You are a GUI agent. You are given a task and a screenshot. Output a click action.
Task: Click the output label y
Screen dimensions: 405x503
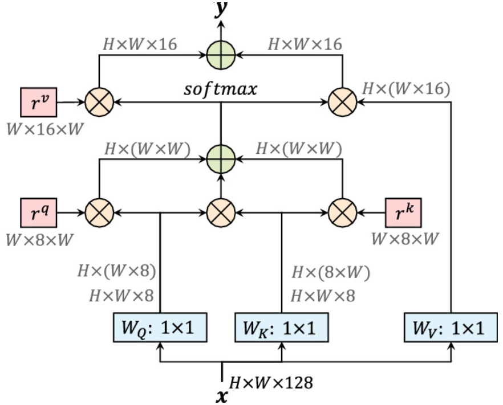[221, 10]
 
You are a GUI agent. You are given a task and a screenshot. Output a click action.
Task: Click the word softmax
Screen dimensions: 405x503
[221, 90]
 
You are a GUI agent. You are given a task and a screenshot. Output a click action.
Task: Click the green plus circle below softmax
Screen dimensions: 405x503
[221, 157]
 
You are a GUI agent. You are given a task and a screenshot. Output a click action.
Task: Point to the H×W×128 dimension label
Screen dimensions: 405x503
[271, 383]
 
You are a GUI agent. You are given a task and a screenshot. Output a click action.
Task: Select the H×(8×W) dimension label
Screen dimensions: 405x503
[331, 273]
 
